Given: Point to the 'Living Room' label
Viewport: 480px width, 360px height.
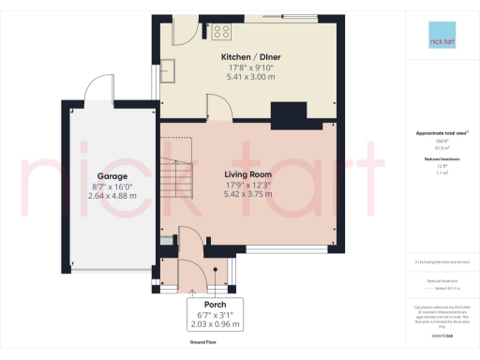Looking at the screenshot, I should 247,174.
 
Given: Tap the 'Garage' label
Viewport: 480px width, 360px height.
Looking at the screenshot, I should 112,176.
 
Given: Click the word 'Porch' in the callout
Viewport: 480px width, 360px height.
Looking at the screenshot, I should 202,306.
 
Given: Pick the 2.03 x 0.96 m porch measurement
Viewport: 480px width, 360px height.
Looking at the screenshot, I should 202,325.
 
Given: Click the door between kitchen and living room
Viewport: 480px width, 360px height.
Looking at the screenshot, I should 219,110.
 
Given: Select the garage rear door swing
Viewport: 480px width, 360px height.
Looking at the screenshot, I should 97,89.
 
